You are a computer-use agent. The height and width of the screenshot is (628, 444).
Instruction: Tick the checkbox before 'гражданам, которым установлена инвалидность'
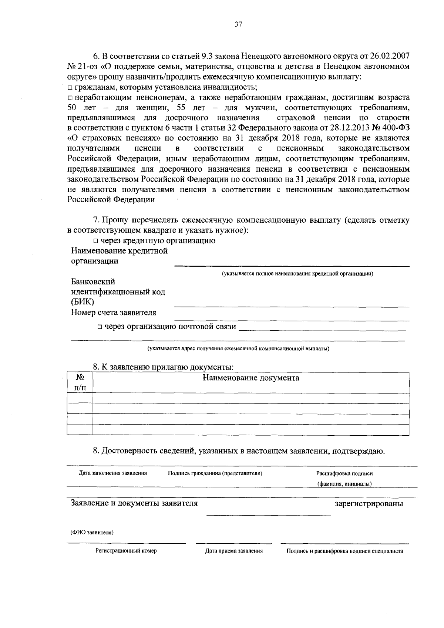pos(70,88)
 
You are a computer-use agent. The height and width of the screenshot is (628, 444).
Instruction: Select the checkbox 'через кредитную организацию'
pos(95,241)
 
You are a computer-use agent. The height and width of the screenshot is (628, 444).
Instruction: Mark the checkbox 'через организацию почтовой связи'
pos(100,327)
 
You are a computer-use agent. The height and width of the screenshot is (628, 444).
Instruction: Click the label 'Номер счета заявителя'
pos(114,313)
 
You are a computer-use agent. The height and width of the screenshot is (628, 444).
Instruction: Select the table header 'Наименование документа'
pos(251,378)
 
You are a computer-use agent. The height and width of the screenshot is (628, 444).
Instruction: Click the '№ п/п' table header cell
pos(80,382)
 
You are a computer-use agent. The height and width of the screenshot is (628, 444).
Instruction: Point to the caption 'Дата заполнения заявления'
pos(113,473)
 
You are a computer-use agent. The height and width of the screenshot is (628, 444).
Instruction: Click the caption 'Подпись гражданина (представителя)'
pos(215,473)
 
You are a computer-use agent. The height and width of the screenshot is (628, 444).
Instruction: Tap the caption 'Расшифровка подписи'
pos(344,473)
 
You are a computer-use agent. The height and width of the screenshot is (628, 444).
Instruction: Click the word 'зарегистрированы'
pos(369,504)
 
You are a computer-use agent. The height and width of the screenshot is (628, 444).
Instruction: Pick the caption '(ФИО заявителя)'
pos(92,533)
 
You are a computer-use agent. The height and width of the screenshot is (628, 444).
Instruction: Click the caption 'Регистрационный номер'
pos(126,551)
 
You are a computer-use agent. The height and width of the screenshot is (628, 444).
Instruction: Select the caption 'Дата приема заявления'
pos(234,551)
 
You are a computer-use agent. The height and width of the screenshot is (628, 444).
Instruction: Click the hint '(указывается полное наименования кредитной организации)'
pos(297,274)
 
